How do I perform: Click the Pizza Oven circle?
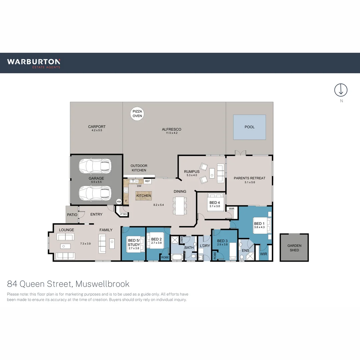[137, 114]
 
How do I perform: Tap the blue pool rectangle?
[249, 127]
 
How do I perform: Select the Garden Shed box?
[294, 248]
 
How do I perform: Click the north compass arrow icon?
[341, 90]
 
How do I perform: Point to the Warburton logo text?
[34, 62]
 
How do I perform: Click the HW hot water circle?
[119, 201]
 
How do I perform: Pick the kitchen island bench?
[143, 196]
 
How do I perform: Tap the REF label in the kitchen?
[147, 181]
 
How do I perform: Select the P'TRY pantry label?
[123, 214]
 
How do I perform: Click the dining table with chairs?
[179, 205]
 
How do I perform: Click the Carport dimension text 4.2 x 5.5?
[97, 130]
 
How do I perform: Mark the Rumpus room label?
[192, 172]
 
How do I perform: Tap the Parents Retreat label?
[249, 178]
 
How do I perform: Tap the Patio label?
[72, 215]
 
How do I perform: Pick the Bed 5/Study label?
[134, 242]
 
